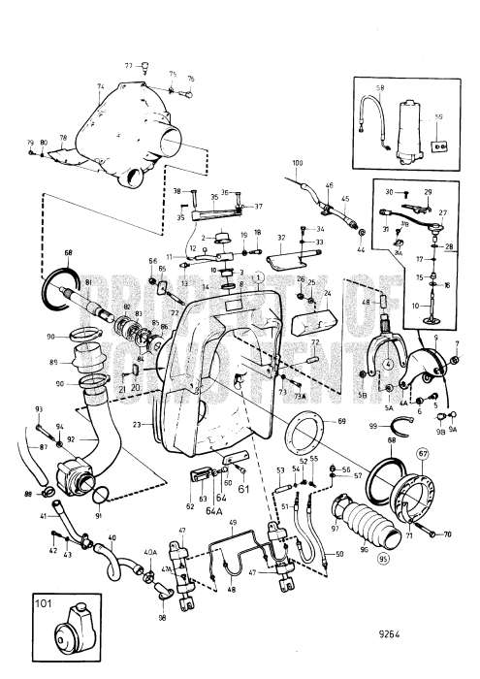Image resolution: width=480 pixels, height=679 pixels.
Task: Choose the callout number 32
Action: [282, 236]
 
